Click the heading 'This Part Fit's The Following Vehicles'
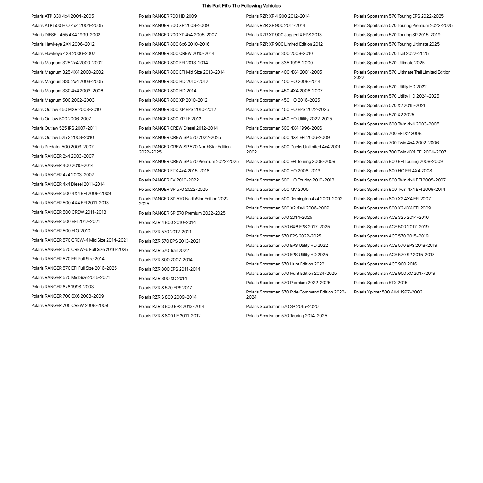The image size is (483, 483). coord(241,6)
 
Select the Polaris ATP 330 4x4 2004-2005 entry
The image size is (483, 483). coord(62,16)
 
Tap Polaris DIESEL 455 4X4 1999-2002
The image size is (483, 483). coord(66,35)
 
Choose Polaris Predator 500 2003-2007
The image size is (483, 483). coord(62,147)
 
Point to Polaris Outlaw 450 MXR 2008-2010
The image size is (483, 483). coord(66,109)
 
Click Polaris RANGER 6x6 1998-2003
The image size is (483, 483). coord(62,287)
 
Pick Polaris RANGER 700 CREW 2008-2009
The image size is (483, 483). coord(70,305)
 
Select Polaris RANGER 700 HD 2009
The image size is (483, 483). coord(168,16)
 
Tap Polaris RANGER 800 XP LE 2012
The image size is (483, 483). coord(170,119)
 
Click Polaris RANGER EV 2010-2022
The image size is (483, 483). coord(169,180)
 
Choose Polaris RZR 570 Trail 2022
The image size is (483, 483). coord(164,250)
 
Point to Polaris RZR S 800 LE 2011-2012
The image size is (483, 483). coord(170,316)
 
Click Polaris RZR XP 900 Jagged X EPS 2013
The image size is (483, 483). coord(284,35)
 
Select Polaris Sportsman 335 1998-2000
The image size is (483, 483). coord(279,63)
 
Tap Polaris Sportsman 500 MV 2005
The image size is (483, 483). coord(277,189)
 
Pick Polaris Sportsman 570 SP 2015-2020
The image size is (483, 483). coord(282,306)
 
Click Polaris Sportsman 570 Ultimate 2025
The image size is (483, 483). coord(389,63)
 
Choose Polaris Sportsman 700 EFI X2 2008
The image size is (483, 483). coord(387,133)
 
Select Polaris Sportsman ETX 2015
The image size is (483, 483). coord(380,283)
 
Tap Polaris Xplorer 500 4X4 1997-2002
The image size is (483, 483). coord(388,292)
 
